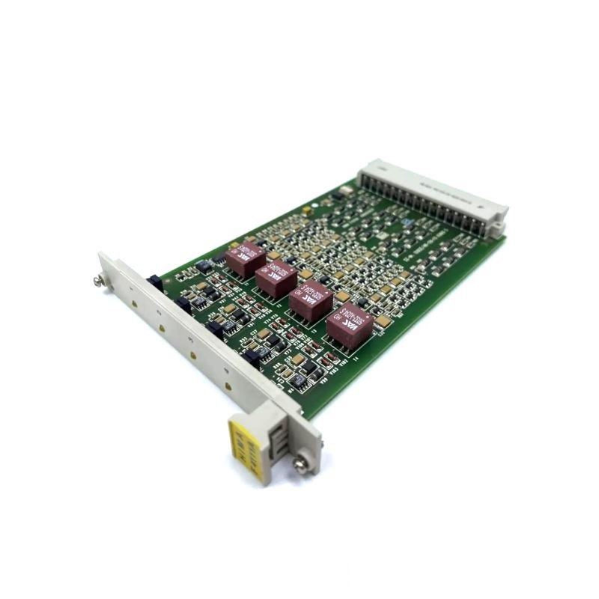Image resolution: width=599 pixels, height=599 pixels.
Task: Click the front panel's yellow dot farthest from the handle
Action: click(x=134, y=303)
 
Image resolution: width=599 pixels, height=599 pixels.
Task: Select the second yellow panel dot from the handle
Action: click(x=193, y=353)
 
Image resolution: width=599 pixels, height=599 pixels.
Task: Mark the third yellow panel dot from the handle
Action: click(x=162, y=327)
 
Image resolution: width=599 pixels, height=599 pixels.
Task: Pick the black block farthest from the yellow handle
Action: click(x=155, y=282)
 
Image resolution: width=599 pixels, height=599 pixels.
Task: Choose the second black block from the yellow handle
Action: click(x=215, y=326)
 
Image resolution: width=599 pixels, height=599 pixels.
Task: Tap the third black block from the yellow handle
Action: click(x=183, y=303)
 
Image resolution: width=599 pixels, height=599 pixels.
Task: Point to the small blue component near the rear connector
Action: click(x=404, y=222)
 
